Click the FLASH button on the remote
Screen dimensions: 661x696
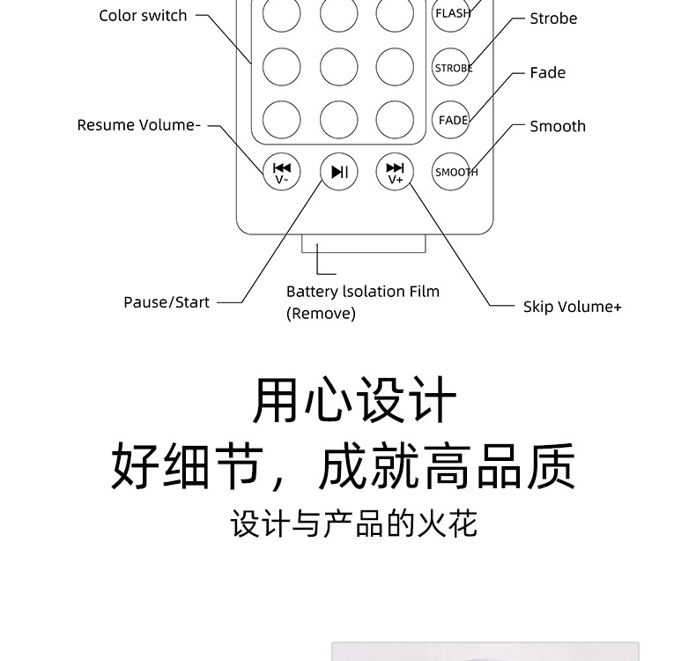click(x=452, y=13)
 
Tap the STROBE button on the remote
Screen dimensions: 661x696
click(x=452, y=67)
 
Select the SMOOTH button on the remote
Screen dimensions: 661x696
click(x=455, y=172)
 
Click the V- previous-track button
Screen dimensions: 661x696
click(x=282, y=172)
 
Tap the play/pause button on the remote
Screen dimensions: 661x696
click(x=338, y=172)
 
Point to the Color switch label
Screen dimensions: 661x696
click(x=143, y=16)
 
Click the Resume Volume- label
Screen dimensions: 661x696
click(x=138, y=125)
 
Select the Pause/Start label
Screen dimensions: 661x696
click(x=167, y=302)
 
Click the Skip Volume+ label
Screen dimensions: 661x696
click(x=572, y=307)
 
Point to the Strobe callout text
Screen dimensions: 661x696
click(x=553, y=19)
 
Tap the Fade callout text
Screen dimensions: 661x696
click(x=547, y=73)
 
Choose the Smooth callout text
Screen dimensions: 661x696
click(x=557, y=126)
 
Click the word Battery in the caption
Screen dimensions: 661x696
click(x=312, y=292)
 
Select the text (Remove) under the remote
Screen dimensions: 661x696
click(x=321, y=313)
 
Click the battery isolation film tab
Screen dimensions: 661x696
click(x=363, y=243)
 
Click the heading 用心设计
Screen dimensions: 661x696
click(x=354, y=401)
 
